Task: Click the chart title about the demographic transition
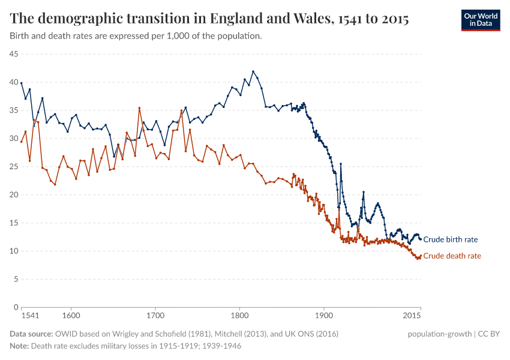(209, 19)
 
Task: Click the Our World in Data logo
(480, 19)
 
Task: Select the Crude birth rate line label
(450, 239)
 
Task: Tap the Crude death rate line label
(452, 256)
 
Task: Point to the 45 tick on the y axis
(13, 54)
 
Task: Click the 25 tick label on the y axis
(13, 167)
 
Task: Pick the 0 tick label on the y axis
(15, 307)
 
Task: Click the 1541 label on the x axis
(30, 316)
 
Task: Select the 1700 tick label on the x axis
(155, 316)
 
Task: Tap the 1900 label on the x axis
(324, 316)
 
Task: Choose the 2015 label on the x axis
(412, 316)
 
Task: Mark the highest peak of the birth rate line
(253, 71)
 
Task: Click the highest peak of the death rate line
(139, 108)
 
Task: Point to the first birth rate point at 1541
(22, 83)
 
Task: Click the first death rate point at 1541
(22, 142)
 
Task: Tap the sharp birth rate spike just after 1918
(341, 164)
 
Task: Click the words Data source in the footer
(31, 334)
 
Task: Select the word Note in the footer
(19, 346)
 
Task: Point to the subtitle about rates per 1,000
(136, 36)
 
